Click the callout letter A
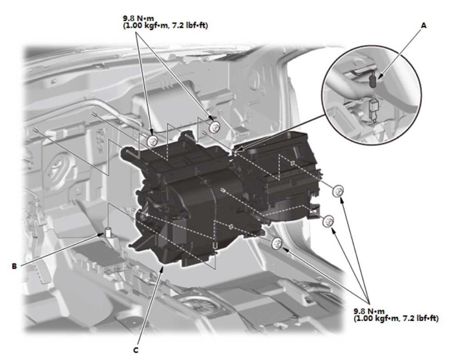pos(424,26)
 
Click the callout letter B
pos(14,266)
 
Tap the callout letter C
pos(136,350)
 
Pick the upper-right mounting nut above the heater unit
pos(214,127)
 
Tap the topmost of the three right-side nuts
pos(338,190)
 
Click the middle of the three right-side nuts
pos(328,221)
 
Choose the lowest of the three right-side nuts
pos(277,243)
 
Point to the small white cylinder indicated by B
pos(108,233)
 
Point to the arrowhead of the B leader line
pos(102,234)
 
